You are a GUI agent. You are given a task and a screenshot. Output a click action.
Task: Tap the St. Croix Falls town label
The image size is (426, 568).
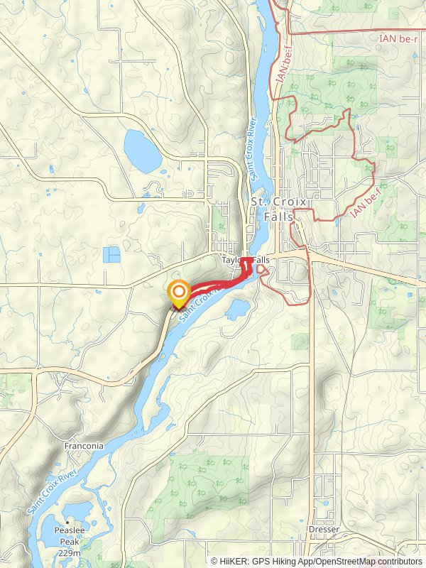279,209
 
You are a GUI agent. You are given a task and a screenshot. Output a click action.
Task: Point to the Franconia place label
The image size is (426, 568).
84,446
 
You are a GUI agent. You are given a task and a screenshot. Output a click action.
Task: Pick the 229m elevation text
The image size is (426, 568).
69,553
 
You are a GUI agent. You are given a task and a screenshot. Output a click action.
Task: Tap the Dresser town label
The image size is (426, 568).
324,530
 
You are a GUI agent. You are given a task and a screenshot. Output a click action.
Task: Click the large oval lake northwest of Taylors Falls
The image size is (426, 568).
143,149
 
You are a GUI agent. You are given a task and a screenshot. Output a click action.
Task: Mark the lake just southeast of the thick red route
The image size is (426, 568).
236,308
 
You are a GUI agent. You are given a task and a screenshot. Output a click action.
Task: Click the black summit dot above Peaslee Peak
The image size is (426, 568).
69,522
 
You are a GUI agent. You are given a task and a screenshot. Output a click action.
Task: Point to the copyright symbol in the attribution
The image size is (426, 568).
214,561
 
